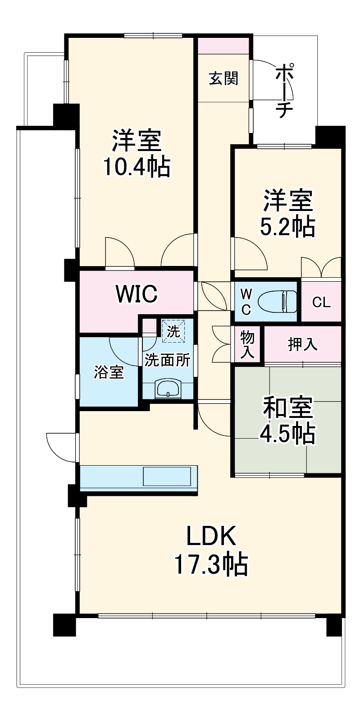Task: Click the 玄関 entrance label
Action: click(223, 79)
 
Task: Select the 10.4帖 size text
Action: click(137, 167)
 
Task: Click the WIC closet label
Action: click(137, 294)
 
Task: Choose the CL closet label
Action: click(321, 302)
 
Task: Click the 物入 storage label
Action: click(247, 344)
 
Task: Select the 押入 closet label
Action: click(303, 345)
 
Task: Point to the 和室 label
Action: click(287, 408)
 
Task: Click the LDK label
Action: click(211, 536)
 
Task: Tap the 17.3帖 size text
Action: click(211, 564)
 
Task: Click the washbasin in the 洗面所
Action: click(168, 388)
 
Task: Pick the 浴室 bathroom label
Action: click(109, 372)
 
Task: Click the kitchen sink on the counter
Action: click(167, 476)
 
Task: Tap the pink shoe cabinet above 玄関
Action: click(223, 46)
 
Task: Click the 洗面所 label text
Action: click(167, 360)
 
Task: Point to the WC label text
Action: click(246, 302)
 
